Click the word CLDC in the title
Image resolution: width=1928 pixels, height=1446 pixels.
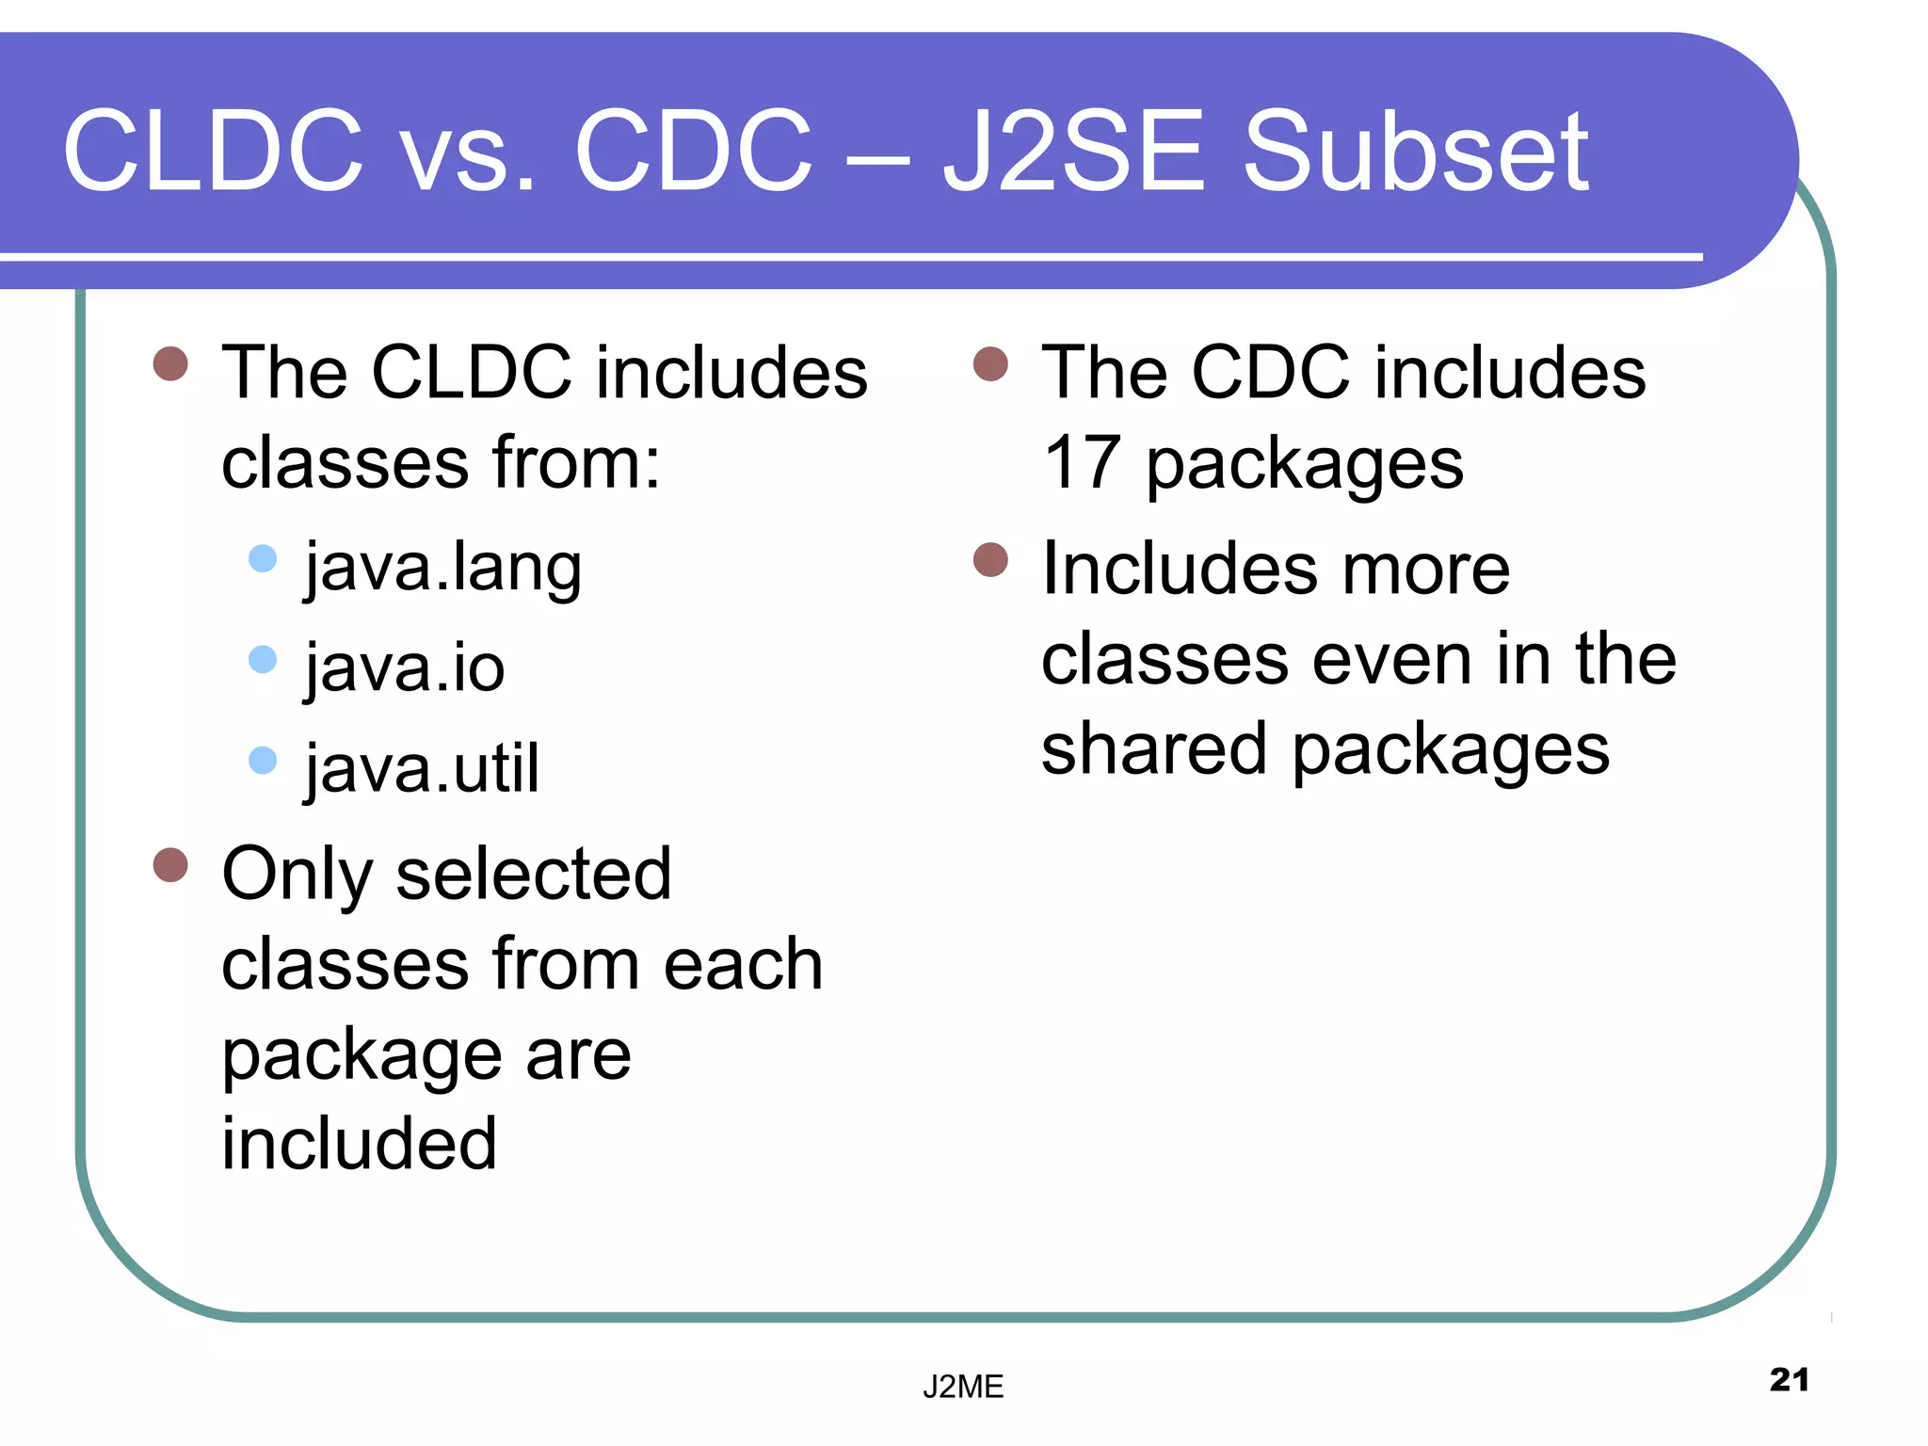[213, 151]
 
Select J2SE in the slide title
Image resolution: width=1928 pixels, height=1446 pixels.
[1073, 151]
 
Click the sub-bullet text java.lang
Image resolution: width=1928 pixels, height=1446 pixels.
[443, 569]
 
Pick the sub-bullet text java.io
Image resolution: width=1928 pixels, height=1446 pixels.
[405, 668]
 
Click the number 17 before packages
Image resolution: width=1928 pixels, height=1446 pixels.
[1082, 463]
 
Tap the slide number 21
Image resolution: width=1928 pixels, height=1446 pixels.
[1789, 1380]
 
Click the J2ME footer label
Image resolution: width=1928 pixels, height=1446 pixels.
[963, 1387]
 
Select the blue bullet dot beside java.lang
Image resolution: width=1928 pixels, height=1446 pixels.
[263, 558]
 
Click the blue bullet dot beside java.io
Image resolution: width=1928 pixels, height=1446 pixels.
[263, 659]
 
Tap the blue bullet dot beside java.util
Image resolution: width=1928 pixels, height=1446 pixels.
[263, 760]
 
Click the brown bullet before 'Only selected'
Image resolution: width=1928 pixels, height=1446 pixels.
[170, 864]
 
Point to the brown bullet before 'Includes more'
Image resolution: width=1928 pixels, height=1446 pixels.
[990, 559]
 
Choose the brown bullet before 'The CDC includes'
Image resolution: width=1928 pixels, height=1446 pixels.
[990, 363]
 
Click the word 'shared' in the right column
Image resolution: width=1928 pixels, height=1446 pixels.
[1153, 749]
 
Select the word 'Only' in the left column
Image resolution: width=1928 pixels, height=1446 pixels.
[297, 876]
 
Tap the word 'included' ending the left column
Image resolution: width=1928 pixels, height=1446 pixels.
[359, 1144]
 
